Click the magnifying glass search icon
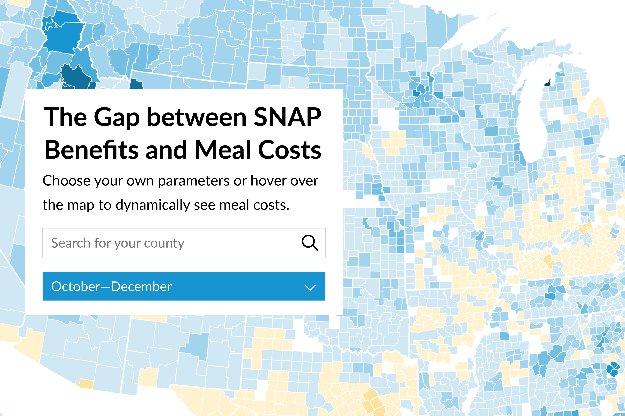(x=309, y=243)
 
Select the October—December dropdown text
(x=112, y=286)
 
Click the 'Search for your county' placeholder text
(x=118, y=243)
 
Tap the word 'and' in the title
(x=166, y=150)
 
